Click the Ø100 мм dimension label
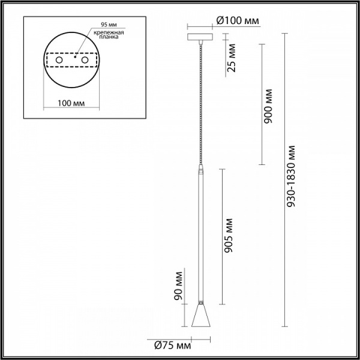(238, 21)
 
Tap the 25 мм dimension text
(232, 59)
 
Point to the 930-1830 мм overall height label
(293, 176)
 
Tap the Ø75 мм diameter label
(172, 345)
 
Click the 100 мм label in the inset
(71, 104)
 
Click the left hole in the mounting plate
(59, 61)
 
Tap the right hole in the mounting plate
(86, 61)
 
